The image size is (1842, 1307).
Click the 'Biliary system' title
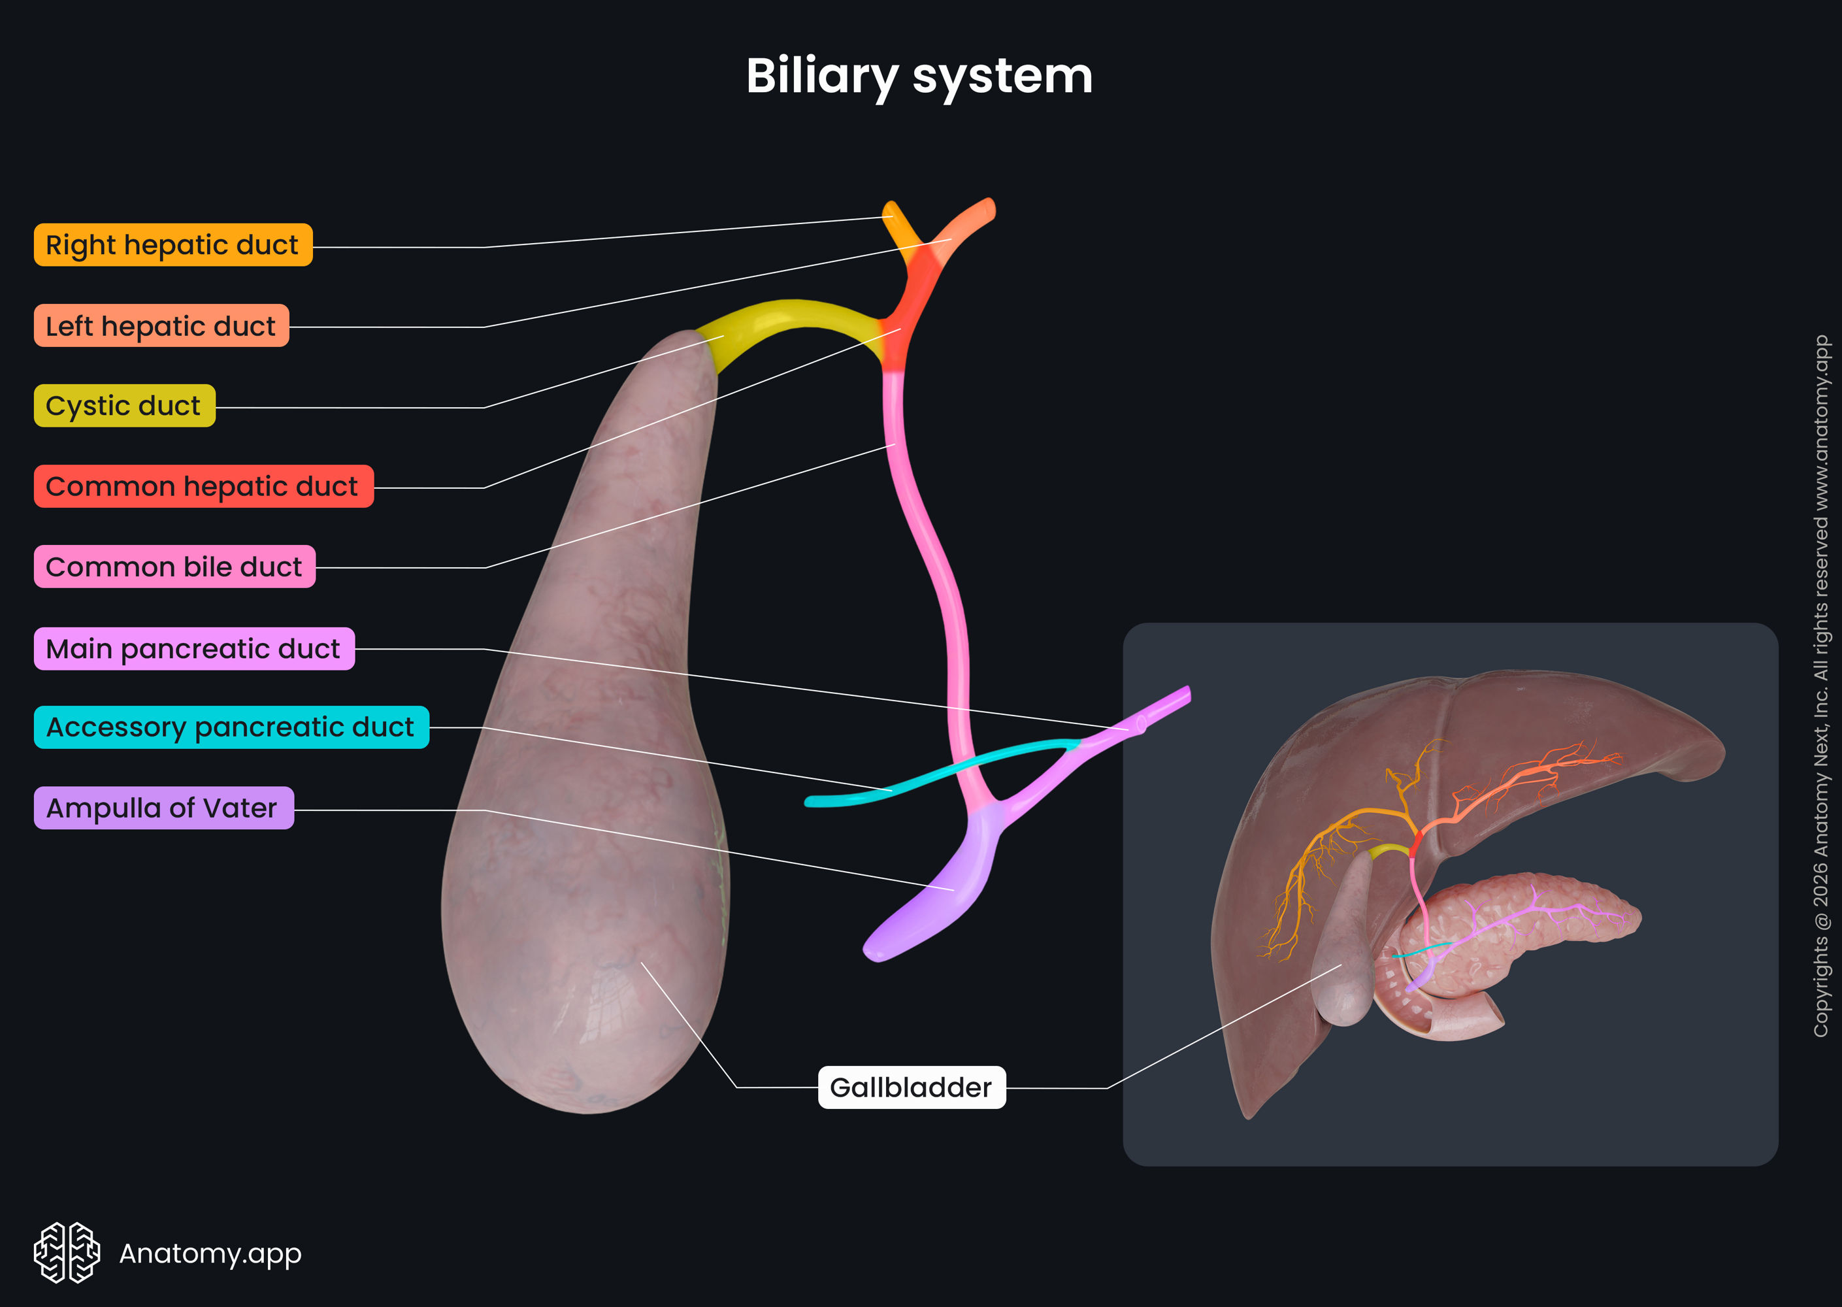coord(919,77)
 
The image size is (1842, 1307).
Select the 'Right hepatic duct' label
coord(173,244)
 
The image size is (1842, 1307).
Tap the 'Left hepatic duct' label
coord(161,325)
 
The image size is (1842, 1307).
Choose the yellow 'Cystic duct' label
coord(124,406)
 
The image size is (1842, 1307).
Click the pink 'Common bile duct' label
coord(174,567)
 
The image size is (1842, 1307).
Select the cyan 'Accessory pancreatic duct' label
coord(231,727)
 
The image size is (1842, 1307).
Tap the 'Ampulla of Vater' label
coord(163,808)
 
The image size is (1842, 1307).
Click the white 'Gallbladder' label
coord(912,1087)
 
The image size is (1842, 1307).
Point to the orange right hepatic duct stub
coord(900,225)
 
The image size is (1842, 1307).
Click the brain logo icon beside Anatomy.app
coord(67,1252)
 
